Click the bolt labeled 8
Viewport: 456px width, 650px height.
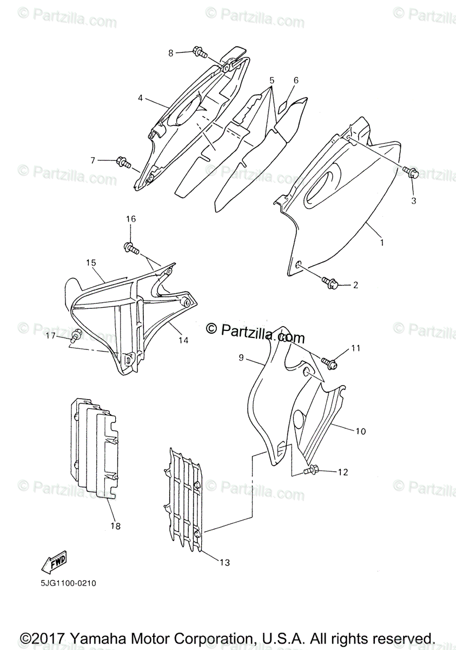(x=199, y=53)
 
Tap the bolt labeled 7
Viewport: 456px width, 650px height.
(x=123, y=161)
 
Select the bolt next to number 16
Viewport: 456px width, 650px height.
(x=131, y=248)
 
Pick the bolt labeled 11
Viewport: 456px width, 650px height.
(x=329, y=363)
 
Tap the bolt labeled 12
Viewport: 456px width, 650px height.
(x=311, y=472)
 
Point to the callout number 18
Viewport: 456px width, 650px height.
(x=116, y=525)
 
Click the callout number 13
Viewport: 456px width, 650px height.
(x=225, y=563)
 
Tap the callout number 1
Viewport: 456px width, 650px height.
(x=381, y=243)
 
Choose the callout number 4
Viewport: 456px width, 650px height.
(x=140, y=98)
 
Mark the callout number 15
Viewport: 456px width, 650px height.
(x=90, y=262)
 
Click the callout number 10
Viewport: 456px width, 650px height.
(x=360, y=431)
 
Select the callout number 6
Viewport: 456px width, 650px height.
(x=296, y=80)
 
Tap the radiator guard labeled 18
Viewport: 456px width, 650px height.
(x=95, y=450)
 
